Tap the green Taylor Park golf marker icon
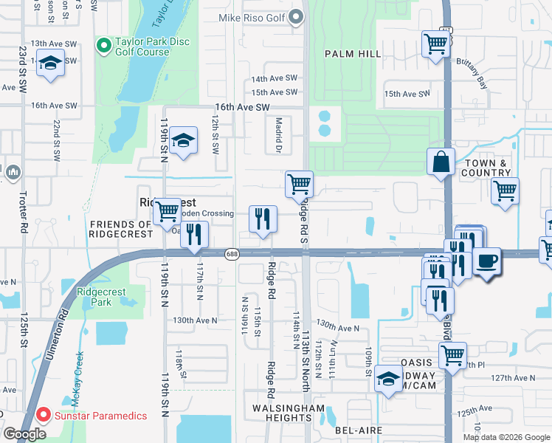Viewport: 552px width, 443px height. click(x=104, y=46)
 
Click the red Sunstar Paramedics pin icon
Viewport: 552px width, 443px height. click(x=43, y=416)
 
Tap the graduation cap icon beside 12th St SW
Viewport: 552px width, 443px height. click(x=182, y=140)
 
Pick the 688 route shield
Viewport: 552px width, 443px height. click(x=232, y=253)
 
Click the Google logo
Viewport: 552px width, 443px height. click(x=24, y=433)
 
